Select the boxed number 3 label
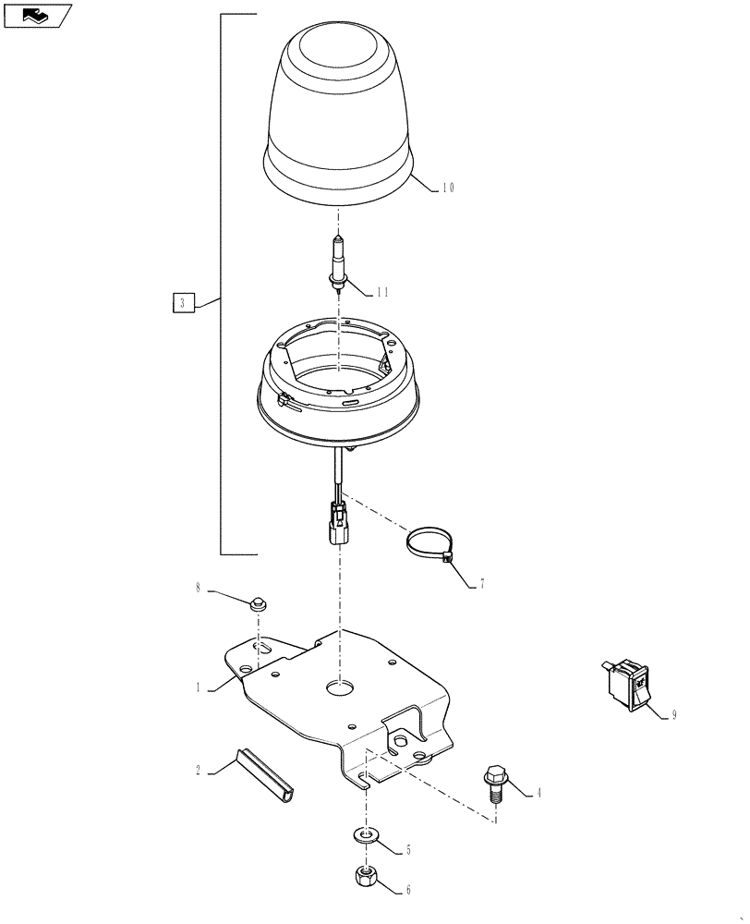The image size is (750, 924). (x=183, y=302)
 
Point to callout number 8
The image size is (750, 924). (x=197, y=588)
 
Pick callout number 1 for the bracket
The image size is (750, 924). (x=198, y=687)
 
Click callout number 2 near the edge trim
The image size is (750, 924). (x=198, y=769)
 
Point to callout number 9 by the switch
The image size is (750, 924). (x=673, y=715)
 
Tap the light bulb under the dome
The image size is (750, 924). (x=339, y=263)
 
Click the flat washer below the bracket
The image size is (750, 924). (x=367, y=836)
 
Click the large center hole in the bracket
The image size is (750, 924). (x=340, y=687)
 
